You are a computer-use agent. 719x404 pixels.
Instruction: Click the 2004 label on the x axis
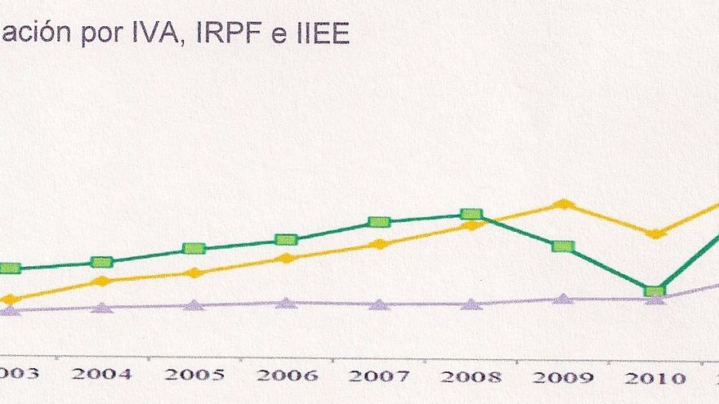(x=101, y=375)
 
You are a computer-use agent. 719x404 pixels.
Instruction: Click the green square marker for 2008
(x=470, y=214)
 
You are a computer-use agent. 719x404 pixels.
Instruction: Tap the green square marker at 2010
(x=654, y=291)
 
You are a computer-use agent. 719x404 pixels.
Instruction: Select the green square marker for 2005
(x=194, y=249)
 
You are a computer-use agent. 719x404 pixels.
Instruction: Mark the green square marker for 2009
(x=562, y=246)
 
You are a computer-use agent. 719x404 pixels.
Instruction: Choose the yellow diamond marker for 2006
(x=285, y=259)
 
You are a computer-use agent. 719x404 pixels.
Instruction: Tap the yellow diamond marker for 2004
(x=101, y=281)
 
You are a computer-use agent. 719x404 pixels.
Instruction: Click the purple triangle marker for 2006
(x=285, y=302)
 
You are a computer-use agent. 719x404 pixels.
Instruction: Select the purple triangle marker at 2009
(x=562, y=298)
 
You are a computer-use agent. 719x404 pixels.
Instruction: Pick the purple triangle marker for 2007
(x=377, y=304)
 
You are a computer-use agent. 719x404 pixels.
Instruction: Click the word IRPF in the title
(x=246, y=34)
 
